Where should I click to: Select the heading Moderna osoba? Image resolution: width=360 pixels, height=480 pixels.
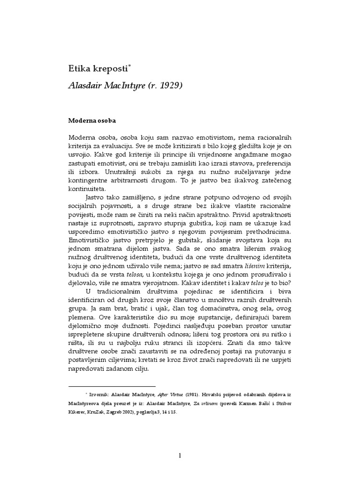click(91, 120)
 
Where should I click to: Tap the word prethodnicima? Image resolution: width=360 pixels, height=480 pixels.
click(266, 230)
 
